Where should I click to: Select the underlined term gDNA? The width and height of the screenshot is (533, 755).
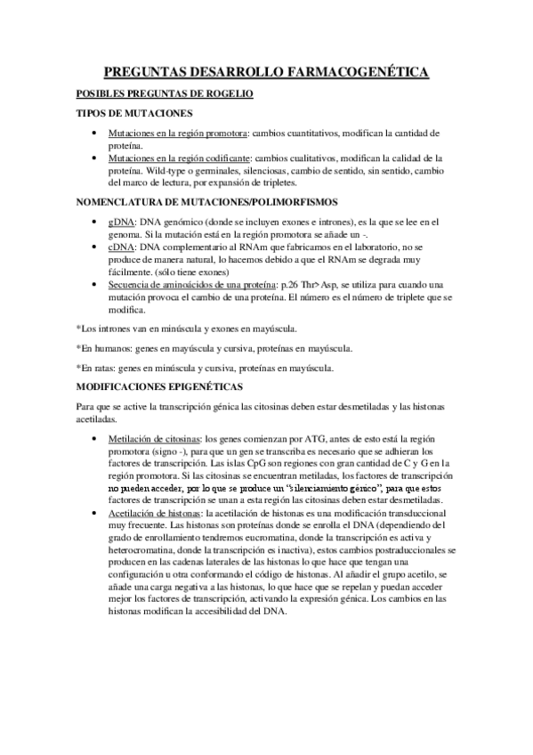tap(120, 222)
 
